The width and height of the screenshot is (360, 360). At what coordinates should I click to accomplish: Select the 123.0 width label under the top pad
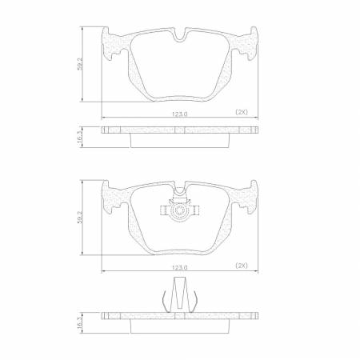tap(180, 114)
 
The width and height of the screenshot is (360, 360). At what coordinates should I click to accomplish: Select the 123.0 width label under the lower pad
tap(180, 266)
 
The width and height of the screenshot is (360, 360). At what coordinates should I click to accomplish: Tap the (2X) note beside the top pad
tap(242, 111)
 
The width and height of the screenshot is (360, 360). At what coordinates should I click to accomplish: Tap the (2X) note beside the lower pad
tap(242, 263)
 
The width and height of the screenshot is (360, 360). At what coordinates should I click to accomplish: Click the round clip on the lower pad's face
tap(180, 212)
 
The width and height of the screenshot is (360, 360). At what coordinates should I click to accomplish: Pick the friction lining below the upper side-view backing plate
tap(180, 141)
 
